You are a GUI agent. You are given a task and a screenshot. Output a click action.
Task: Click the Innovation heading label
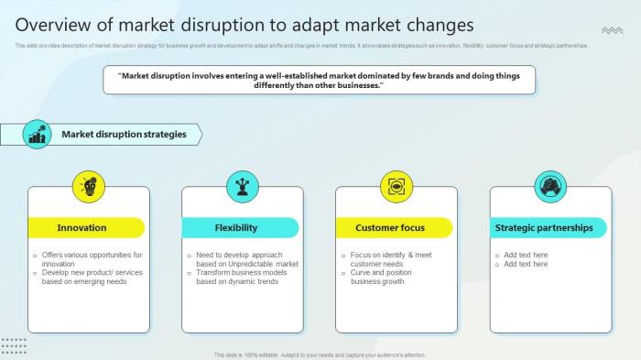(x=81, y=227)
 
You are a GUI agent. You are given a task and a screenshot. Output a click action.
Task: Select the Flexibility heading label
(x=236, y=227)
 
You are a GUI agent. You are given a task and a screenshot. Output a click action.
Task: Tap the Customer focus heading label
(x=390, y=227)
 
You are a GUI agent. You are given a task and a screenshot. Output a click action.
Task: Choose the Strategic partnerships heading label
(x=544, y=227)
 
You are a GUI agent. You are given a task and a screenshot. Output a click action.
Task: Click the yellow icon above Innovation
(x=89, y=187)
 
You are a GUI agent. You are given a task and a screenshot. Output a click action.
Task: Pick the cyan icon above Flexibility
(x=242, y=187)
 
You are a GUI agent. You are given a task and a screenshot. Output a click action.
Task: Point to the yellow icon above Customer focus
(x=396, y=187)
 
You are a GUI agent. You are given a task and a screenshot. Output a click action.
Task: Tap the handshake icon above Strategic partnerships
(x=549, y=187)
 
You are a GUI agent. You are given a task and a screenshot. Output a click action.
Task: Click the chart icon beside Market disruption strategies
(x=37, y=135)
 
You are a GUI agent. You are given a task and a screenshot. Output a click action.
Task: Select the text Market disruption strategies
(x=124, y=135)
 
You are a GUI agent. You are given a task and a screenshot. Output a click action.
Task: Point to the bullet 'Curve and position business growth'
(x=382, y=277)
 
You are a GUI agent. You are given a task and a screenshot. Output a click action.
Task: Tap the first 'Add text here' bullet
(x=526, y=255)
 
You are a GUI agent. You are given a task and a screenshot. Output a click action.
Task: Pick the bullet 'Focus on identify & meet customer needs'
(x=389, y=259)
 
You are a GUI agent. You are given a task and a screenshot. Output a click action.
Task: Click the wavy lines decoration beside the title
(x=612, y=31)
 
